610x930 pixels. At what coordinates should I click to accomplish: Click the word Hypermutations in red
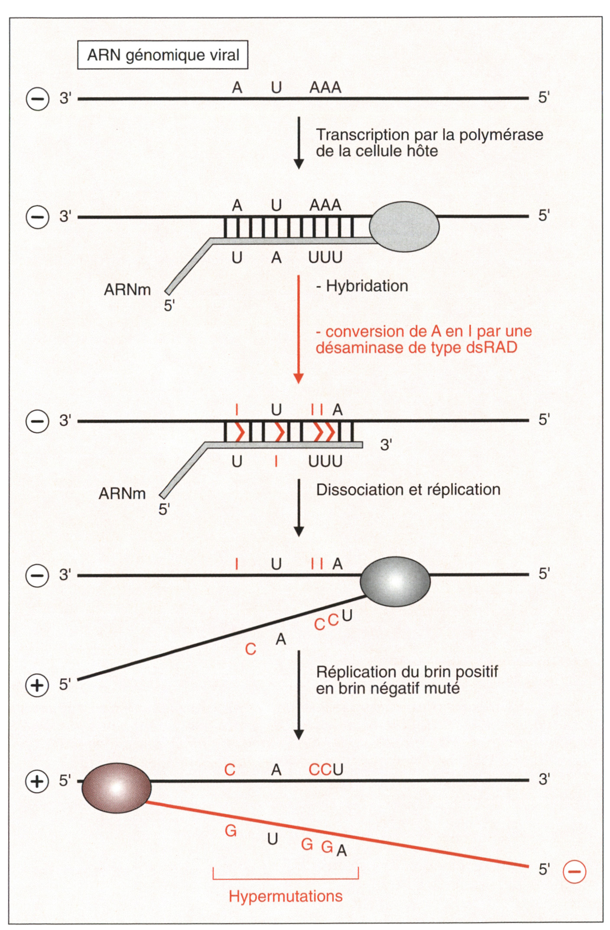(286, 896)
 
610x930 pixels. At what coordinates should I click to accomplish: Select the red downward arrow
(299, 329)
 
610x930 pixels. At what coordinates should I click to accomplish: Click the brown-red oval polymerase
(117, 788)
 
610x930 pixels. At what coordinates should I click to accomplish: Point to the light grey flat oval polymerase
(404, 226)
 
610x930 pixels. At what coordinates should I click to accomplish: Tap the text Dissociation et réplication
(408, 490)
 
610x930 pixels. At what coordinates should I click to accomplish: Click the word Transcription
(363, 135)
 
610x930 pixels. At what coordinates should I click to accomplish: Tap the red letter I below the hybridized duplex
(276, 462)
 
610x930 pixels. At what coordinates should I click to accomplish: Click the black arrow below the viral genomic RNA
(299, 142)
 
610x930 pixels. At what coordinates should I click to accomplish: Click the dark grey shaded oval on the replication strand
(395, 581)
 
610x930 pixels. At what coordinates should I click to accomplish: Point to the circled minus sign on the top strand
(37, 99)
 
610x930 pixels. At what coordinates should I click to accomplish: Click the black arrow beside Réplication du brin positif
(299, 695)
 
